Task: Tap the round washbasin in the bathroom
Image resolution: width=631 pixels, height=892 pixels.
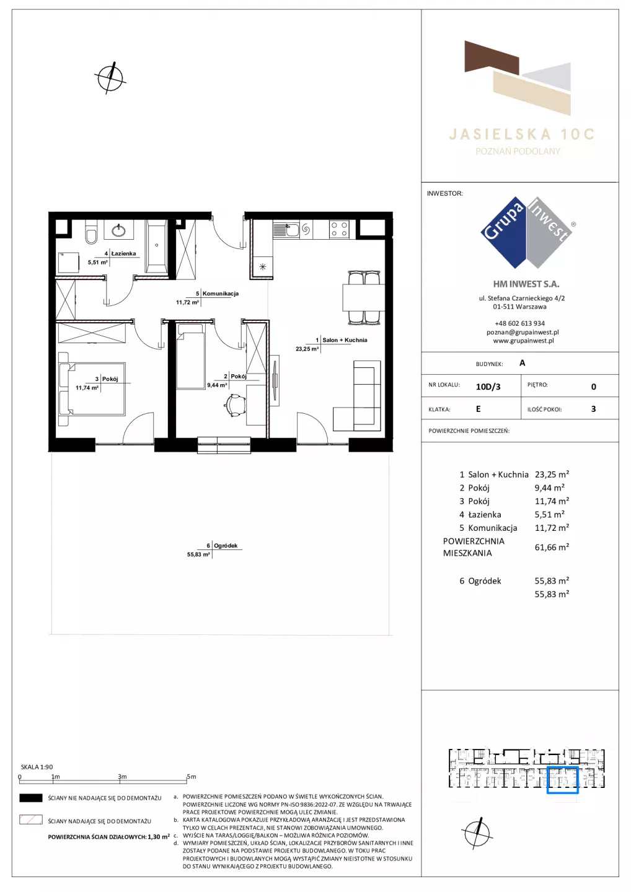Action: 119,230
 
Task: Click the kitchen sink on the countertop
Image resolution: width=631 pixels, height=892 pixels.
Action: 287,230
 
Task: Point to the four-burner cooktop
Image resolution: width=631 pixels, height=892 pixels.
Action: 340,230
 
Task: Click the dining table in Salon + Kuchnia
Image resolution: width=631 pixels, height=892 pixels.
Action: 363,297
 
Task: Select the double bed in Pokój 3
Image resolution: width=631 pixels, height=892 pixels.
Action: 92,388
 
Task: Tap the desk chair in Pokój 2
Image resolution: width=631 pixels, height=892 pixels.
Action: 234,405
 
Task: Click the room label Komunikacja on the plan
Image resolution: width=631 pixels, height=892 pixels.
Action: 220,294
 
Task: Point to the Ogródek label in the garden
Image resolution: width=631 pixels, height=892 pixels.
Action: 226,546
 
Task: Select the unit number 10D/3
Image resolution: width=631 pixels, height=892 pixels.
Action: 488,387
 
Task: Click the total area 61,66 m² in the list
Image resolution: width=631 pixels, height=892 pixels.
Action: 552,547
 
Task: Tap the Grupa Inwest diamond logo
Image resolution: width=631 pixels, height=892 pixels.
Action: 527,232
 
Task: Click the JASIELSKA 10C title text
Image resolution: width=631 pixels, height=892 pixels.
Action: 522,134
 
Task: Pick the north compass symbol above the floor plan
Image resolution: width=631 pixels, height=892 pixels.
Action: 110,78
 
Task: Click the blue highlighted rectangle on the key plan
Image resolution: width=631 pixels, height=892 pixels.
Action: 562,780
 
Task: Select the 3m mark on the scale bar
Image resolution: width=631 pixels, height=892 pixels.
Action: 122,777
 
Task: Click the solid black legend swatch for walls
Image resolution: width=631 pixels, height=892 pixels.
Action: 30,798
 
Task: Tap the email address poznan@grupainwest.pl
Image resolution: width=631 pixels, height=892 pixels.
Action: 523,332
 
